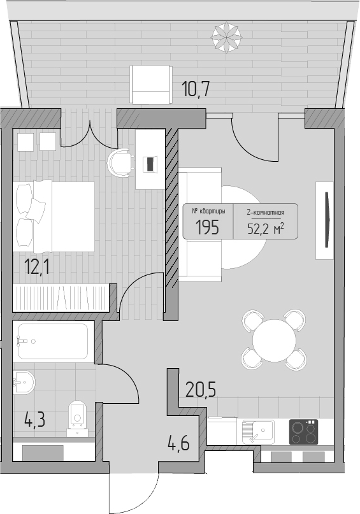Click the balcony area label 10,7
click(196, 89)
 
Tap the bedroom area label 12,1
click(37, 266)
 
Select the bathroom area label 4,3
click(34, 420)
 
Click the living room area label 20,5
click(201, 389)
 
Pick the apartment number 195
click(207, 227)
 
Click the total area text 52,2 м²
click(266, 229)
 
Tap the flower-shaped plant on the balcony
click(227, 37)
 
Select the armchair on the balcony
click(151, 85)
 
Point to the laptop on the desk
click(150, 164)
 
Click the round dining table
click(274, 339)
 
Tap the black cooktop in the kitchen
click(303, 432)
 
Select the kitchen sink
click(257, 431)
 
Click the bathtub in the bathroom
click(53, 341)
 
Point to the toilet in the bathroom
click(77, 418)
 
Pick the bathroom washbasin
click(24, 382)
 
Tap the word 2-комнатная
click(266, 213)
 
